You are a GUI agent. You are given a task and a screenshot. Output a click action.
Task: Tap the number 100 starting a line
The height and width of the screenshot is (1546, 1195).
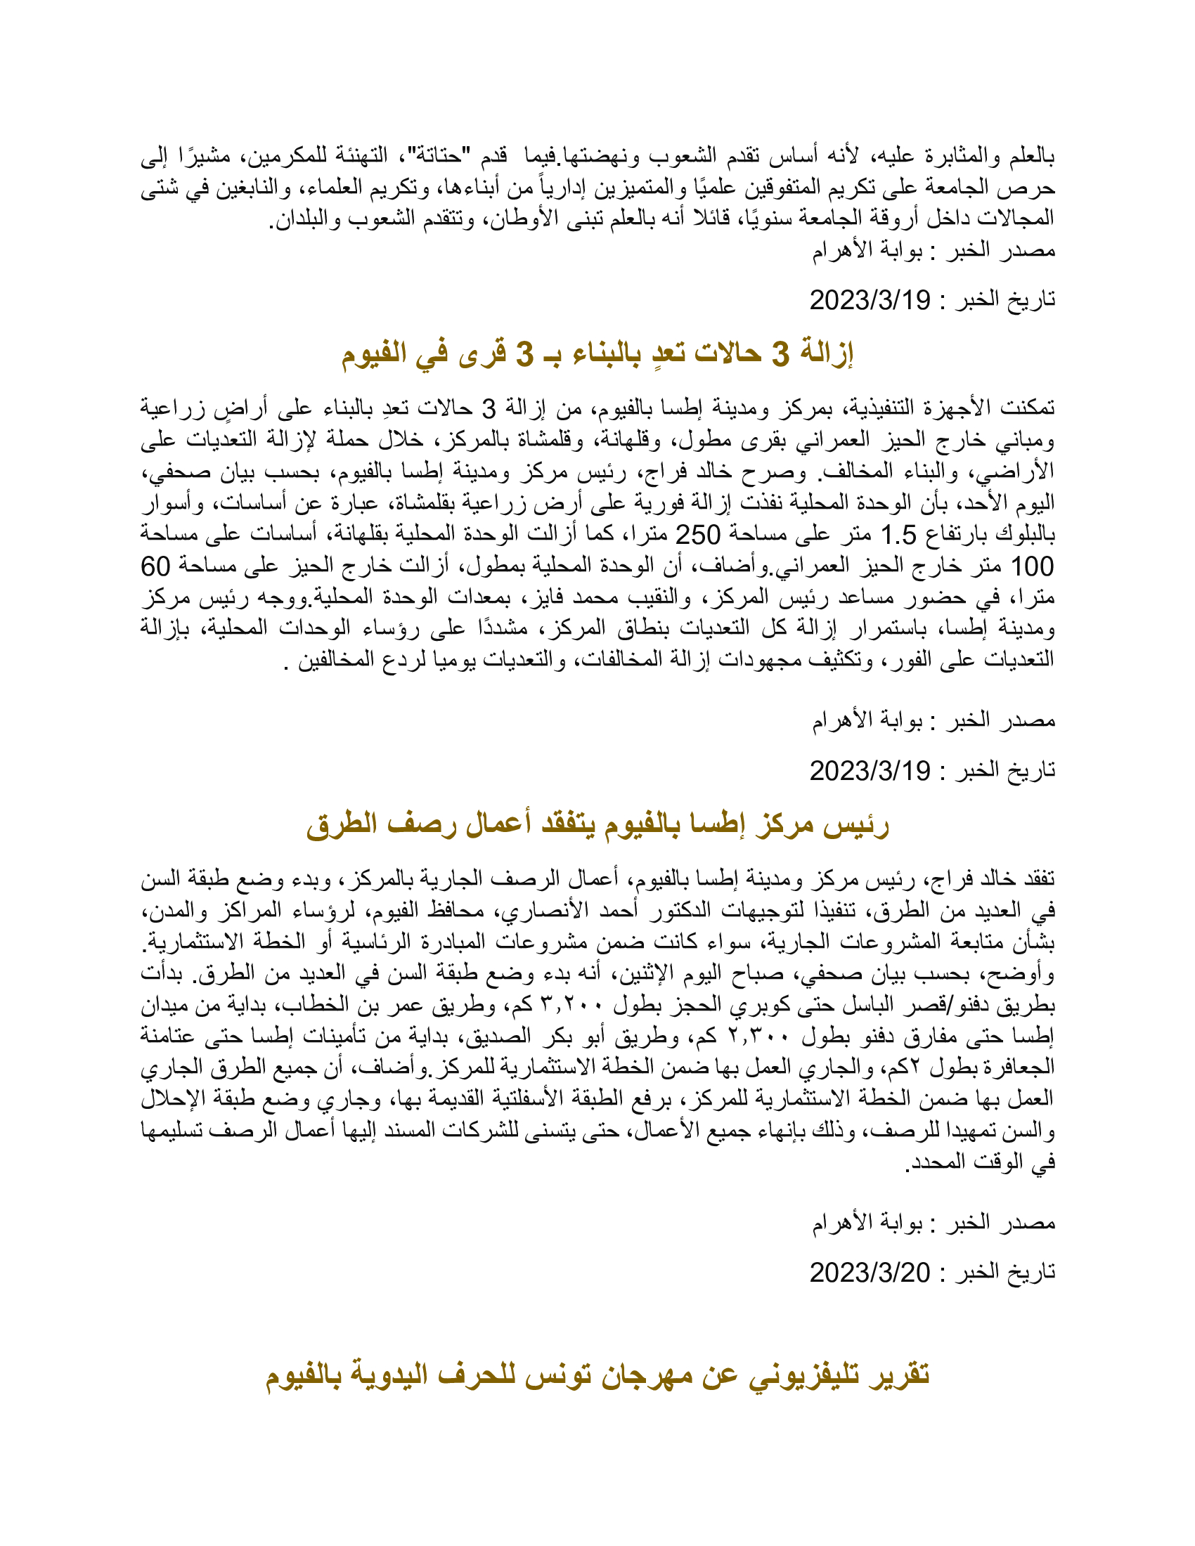[x=1032, y=566]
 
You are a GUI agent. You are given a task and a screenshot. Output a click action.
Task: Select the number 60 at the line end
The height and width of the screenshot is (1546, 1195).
[x=156, y=566]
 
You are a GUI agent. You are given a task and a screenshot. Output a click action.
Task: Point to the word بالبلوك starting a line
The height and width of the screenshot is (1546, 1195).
[x=1025, y=535]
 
